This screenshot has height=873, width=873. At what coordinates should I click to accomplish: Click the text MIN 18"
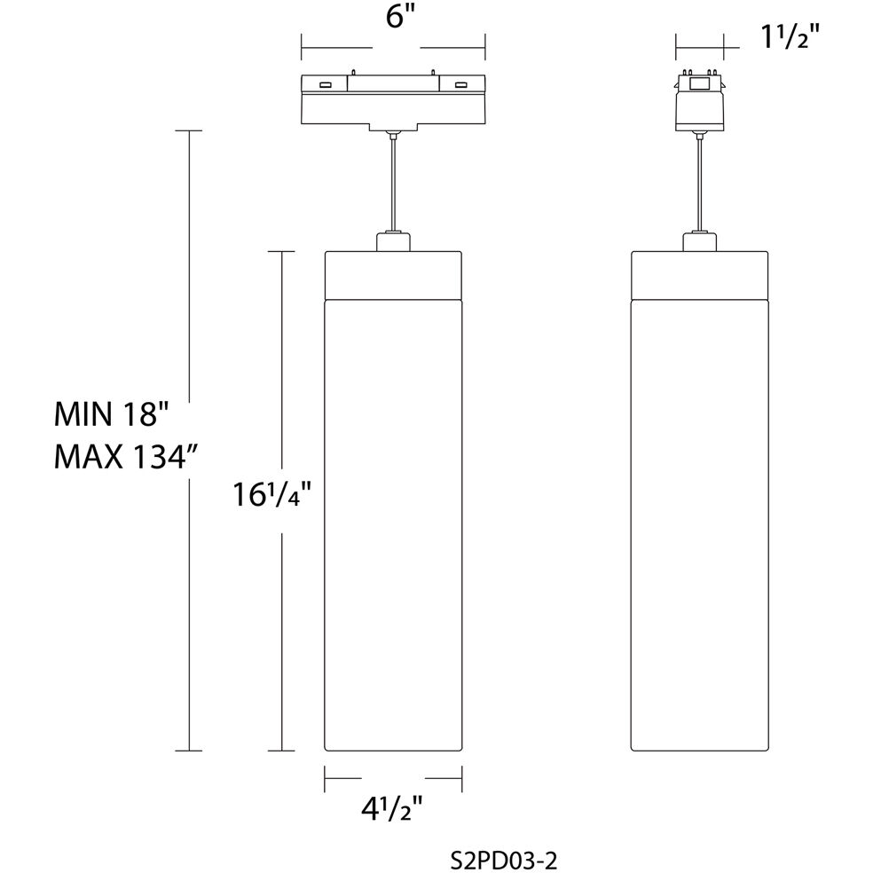(112, 414)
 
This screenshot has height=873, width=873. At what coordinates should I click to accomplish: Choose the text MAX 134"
(125, 459)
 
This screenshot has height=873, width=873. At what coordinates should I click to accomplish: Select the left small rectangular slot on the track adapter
(326, 85)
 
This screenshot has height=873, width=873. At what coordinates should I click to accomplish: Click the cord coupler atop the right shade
(699, 242)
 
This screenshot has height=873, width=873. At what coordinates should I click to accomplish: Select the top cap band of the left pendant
(393, 275)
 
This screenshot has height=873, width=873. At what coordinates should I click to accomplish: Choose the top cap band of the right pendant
(699, 275)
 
